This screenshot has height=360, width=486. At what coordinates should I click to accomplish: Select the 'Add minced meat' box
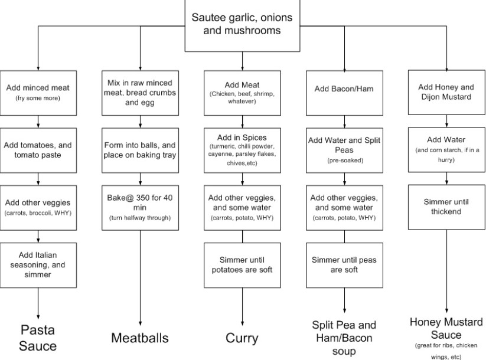click(x=38, y=93)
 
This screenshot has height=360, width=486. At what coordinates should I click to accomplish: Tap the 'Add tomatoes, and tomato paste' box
click(x=38, y=150)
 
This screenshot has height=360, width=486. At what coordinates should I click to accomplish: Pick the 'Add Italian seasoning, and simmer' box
click(x=38, y=265)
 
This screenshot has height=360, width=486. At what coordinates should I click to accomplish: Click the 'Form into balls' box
click(x=140, y=150)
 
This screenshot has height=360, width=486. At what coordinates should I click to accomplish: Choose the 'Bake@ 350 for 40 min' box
click(x=140, y=208)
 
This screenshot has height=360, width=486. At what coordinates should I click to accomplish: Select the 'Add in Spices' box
click(x=242, y=150)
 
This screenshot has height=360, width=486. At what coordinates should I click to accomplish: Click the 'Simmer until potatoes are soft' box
click(x=242, y=265)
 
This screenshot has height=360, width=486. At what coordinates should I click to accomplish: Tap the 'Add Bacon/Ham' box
click(x=344, y=93)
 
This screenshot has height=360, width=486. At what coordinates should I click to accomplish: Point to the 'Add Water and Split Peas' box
click(x=344, y=150)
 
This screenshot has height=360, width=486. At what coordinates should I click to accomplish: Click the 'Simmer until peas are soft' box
click(x=344, y=265)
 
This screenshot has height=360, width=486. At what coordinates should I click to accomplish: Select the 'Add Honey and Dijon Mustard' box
click(x=446, y=92)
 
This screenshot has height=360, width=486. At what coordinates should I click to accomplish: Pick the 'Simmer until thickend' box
click(x=446, y=207)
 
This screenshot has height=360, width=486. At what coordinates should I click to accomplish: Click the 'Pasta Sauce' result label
click(x=38, y=338)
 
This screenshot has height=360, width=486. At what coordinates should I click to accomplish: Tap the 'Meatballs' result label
click(x=140, y=338)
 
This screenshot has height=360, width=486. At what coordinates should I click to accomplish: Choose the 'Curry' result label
click(x=242, y=338)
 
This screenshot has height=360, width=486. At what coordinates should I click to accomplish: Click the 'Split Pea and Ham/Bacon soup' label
click(x=344, y=338)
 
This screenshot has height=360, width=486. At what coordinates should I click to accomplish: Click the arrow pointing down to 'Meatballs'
click(x=140, y=278)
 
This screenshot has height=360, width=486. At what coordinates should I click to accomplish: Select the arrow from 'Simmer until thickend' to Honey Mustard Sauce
click(x=446, y=271)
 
